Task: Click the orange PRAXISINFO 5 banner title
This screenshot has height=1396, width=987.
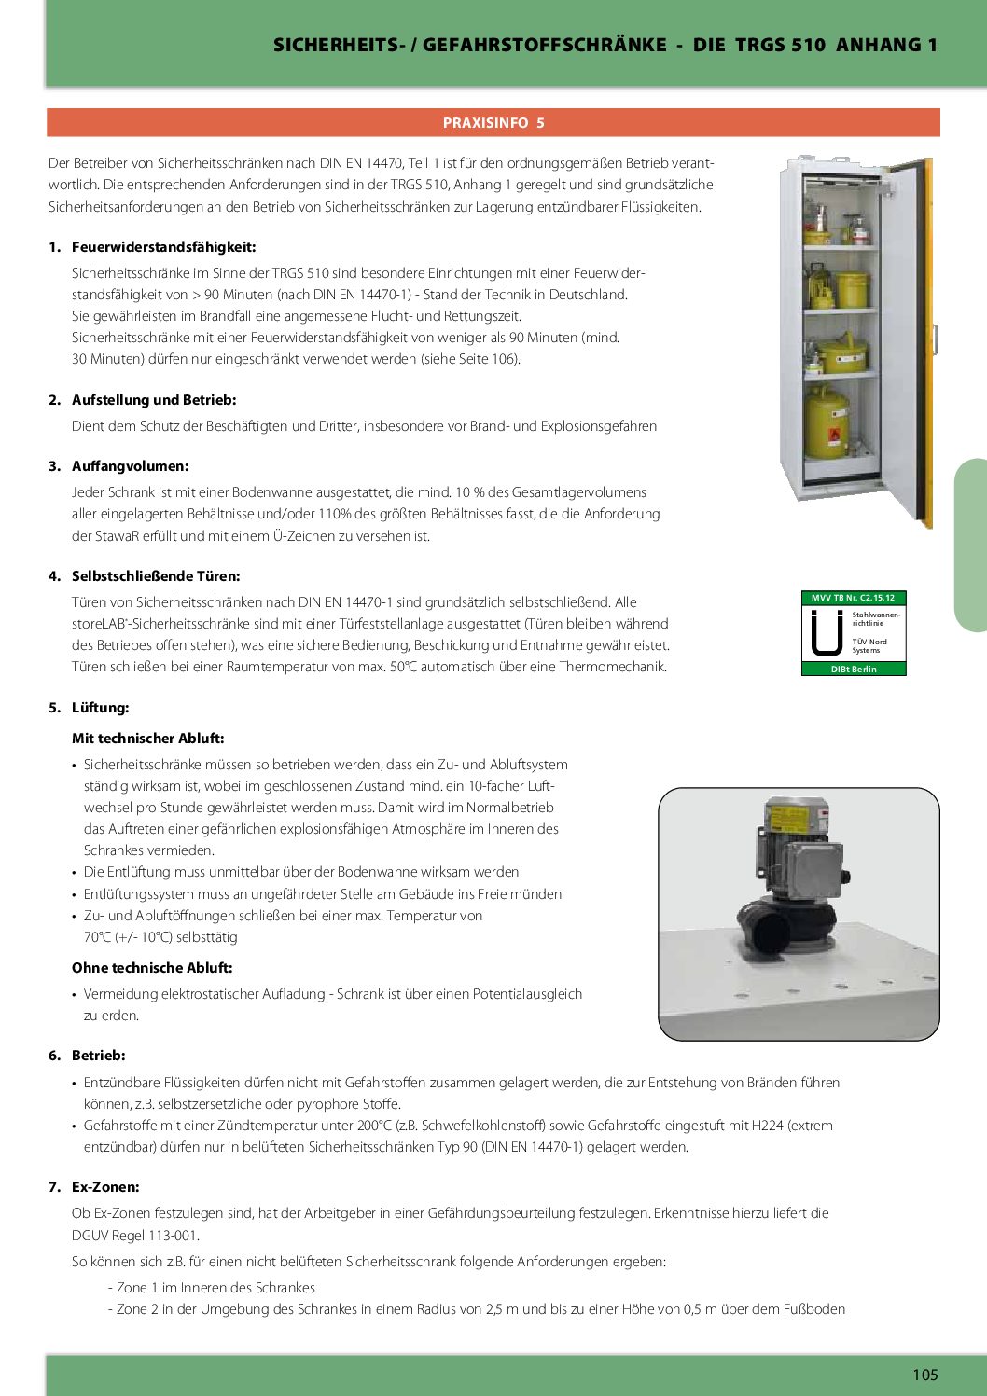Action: point(493,123)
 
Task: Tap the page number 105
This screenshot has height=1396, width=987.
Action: point(924,1375)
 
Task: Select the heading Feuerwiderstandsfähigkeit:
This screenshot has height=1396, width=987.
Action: point(163,247)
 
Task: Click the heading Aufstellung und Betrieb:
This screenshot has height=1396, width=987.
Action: point(154,400)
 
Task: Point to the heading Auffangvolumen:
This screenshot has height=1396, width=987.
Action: point(130,466)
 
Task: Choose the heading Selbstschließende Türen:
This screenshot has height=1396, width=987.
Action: point(156,576)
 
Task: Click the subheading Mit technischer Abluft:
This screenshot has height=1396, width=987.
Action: point(147,739)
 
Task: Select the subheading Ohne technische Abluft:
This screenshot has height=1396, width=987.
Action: point(152,968)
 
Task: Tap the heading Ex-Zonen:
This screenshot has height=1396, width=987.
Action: point(105,1187)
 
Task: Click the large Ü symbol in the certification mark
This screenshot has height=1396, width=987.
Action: point(826,633)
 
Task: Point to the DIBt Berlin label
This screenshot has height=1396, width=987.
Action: point(854,669)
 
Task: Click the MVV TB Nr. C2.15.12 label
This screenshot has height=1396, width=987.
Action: point(854,598)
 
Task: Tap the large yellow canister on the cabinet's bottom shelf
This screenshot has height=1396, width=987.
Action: point(827,424)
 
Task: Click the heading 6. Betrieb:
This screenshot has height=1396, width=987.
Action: point(98,1056)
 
